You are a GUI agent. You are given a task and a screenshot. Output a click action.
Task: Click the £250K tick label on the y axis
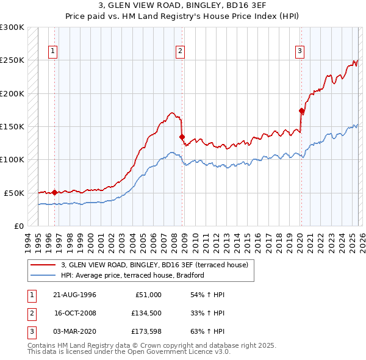click(x=12, y=60)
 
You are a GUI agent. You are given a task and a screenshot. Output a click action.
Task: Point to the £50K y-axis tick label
click(x=14, y=193)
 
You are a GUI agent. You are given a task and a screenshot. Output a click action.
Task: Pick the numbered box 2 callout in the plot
click(x=181, y=52)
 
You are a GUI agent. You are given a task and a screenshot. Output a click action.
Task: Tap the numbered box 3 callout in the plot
click(x=300, y=52)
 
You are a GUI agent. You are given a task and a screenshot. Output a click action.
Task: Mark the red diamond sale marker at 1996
click(x=54, y=192)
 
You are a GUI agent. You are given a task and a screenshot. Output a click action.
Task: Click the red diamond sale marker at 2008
click(x=182, y=137)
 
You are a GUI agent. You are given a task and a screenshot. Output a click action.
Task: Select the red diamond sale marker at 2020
click(x=301, y=111)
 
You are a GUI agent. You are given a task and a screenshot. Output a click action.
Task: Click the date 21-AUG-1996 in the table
click(x=76, y=295)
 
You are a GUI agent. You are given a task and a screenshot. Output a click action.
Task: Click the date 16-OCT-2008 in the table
click(x=76, y=313)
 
